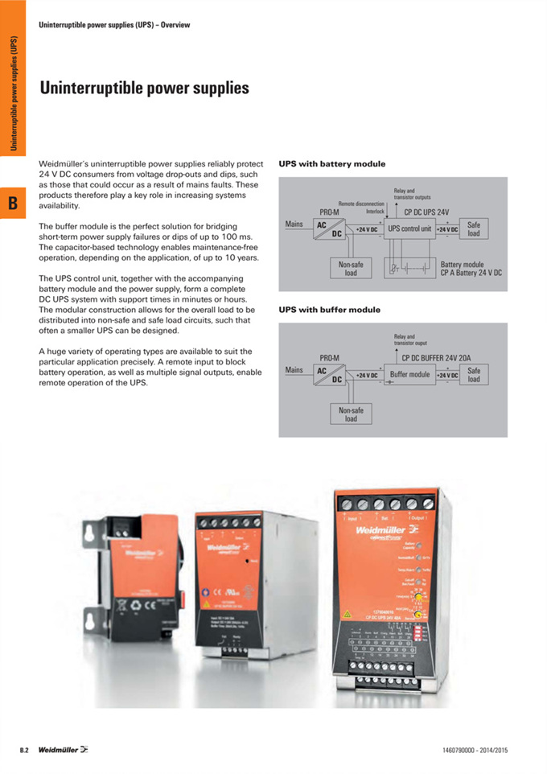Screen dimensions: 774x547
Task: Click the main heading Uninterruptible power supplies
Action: click(x=144, y=88)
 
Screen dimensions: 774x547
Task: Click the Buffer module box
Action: click(x=410, y=375)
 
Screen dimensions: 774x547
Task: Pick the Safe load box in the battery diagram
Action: click(x=474, y=229)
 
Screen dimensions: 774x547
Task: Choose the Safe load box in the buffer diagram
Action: click(x=474, y=375)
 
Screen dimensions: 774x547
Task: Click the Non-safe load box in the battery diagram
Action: click(x=351, y=268)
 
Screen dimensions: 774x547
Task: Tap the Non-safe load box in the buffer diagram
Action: click(x=351, y=414)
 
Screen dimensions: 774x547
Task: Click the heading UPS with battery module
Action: click(x=331, y=164)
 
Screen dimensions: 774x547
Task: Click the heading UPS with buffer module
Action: click(x=329, y=310)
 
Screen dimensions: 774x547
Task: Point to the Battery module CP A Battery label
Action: click(x=471, y=269)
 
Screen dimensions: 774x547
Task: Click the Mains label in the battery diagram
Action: click(x=294, y=224)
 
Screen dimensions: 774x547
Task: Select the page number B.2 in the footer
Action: click(x=24, y=751)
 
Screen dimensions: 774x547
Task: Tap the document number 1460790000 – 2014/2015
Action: click(x=475, y=751)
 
